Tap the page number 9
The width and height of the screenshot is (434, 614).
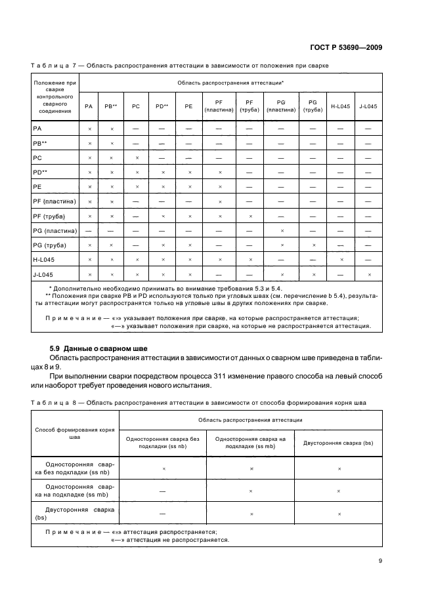point(380,560)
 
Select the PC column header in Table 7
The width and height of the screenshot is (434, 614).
point(136,106)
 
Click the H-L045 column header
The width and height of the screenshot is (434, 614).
point(340,106)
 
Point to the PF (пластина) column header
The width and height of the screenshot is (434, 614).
point(220,106)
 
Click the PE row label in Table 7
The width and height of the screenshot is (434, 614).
point(37,186)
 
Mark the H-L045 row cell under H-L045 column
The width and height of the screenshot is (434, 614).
point(340,260)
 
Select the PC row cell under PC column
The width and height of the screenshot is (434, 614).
point(136,158)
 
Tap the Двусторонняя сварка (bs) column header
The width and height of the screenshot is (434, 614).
point(338,443)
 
